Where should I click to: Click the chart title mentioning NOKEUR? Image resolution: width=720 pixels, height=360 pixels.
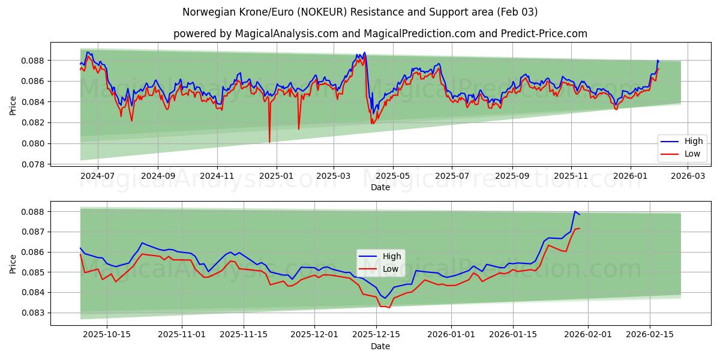pos(360,12)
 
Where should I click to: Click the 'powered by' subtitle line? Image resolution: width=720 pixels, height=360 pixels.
pos(380,34)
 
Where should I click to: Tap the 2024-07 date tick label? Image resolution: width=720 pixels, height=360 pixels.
pos(97,176)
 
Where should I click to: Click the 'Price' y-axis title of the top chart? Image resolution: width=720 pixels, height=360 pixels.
pos(13,104)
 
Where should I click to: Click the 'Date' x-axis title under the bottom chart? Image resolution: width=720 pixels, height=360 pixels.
pos(380,346)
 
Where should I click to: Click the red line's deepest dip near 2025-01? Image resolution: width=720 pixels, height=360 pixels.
pos(269,142)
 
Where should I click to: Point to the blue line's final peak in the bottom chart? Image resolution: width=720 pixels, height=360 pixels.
pos(575,211)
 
